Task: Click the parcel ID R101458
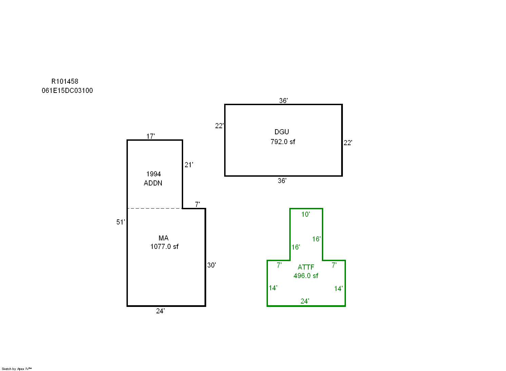[x=65, y=81]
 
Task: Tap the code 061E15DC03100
[x=67, y=91]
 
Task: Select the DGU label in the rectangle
[x=282, y=132]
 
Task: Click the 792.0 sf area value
[x=283, y=142]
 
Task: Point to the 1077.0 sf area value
[x=164, y=247]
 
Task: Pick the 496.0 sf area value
[x=306, y=276]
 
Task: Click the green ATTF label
[x=306, y=267]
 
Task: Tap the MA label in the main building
[x=163, y=238]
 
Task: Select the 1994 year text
[x=154, y=174]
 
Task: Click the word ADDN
[x=153, y=183]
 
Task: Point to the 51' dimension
[x=121, y=222]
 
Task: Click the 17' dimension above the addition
[x=151, y=136]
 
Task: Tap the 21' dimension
[x=189, y=165]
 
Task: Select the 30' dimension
[x=212, y=265]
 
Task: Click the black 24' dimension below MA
[x=160, y=311]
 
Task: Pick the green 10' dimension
[x=306, y=214]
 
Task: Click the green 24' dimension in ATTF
[x=305, y=301]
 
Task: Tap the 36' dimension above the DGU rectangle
[x=284, y=100]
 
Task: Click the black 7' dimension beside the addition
[x=197, y=204]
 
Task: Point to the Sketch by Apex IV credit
[x=17, y=369]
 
